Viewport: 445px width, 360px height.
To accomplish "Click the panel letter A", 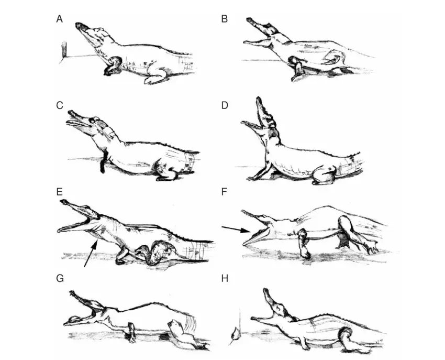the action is point(59,19).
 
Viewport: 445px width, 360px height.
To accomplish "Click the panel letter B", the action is point(224,19).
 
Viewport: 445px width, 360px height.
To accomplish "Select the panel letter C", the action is point(59,105).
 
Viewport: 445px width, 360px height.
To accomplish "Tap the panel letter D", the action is point(225,105).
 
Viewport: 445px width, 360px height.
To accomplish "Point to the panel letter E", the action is point(59,192).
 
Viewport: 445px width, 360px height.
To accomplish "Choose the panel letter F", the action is point(224,192).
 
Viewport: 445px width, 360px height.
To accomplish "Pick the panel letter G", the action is point(60,278).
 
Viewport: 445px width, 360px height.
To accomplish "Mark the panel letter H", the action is point(225,278).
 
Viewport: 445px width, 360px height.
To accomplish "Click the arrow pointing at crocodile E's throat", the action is point(91,253).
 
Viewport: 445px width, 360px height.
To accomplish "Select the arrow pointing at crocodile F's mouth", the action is point(235,230).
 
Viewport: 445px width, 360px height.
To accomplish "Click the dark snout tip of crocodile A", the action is point(80,26).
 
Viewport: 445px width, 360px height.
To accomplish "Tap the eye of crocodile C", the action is point(93,121).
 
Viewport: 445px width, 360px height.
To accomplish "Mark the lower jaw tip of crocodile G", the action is point(66,323).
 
